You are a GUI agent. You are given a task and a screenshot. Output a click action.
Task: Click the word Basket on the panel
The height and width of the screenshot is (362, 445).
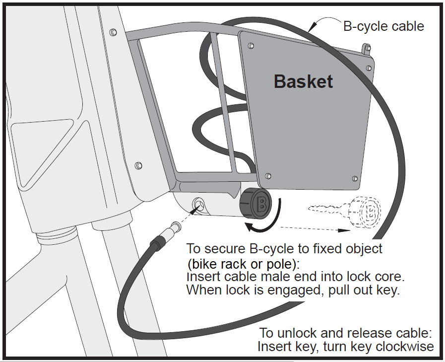[x=303, y=81]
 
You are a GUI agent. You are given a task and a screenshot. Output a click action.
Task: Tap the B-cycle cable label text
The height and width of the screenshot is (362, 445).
[x=383, y=26]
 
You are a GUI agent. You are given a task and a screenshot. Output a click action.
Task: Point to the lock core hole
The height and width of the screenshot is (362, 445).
[x=198, y=204]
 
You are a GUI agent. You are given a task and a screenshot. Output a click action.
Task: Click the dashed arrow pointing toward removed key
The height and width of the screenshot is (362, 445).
[x=315, y=229]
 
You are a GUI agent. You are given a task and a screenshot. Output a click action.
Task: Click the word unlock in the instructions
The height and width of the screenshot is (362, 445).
[x=296, y=333]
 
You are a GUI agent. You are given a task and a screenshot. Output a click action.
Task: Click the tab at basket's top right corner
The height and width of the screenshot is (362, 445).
[x=367, y=49]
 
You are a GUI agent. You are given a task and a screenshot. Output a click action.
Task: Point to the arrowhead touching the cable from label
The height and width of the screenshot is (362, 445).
[x=312, y=26]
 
